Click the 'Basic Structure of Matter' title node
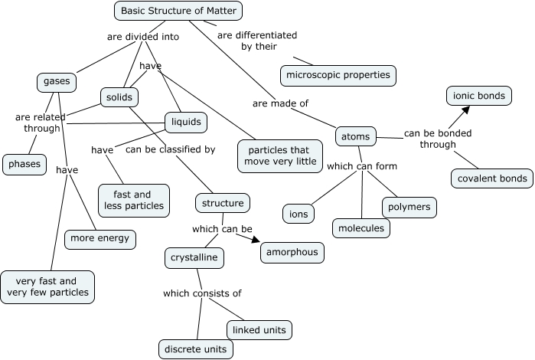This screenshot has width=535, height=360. [x=179, y=11]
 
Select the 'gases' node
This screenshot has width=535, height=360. [x=57, y=82]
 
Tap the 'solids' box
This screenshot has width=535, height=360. [x=119, y=97]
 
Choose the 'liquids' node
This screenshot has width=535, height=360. [x=186, y=122]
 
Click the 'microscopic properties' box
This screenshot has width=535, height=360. [x=338, y=74]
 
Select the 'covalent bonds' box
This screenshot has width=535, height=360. [x=491, y=178]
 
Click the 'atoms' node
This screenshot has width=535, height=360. [x=356, y=137]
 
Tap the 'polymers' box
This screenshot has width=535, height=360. [x=409, y=207]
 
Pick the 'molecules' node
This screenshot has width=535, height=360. [x=361, y=227]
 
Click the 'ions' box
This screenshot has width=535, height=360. [x=298, y=213]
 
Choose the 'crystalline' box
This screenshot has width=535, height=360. [x=194, y=258]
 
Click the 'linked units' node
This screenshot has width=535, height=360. [x=259, y=329]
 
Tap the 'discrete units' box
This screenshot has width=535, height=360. [x=195, y=349]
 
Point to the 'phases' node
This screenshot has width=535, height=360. [x=24, y=163]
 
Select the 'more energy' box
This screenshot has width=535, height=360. [x=100, y=239]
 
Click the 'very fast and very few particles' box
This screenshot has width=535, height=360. [x=48, y=286]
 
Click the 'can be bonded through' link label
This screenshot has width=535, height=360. [x=437, y=138]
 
